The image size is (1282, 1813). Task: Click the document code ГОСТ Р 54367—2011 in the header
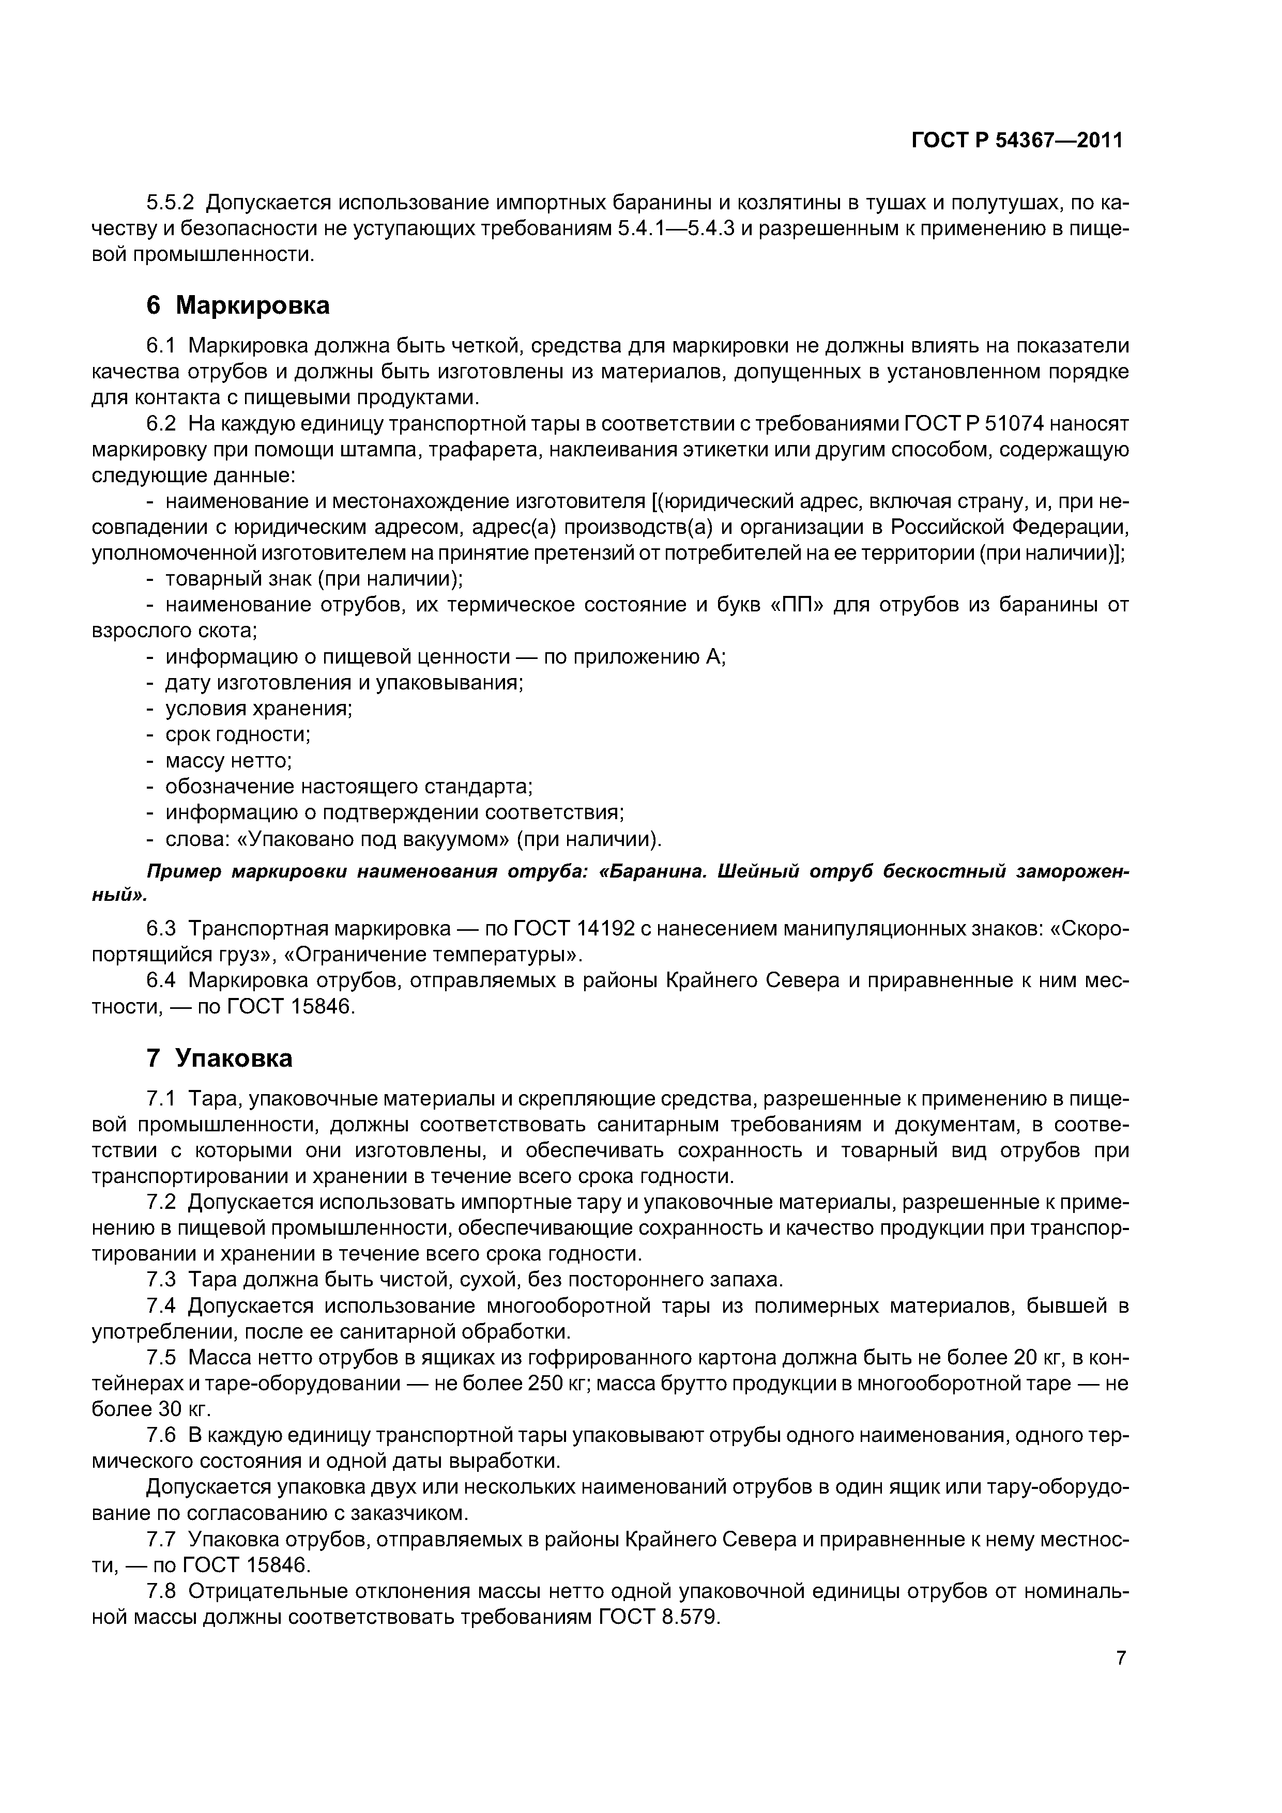coord(1017,141)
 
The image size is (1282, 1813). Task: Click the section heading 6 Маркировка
coord(238,305)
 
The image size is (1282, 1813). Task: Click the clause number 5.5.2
coord(170,204)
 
